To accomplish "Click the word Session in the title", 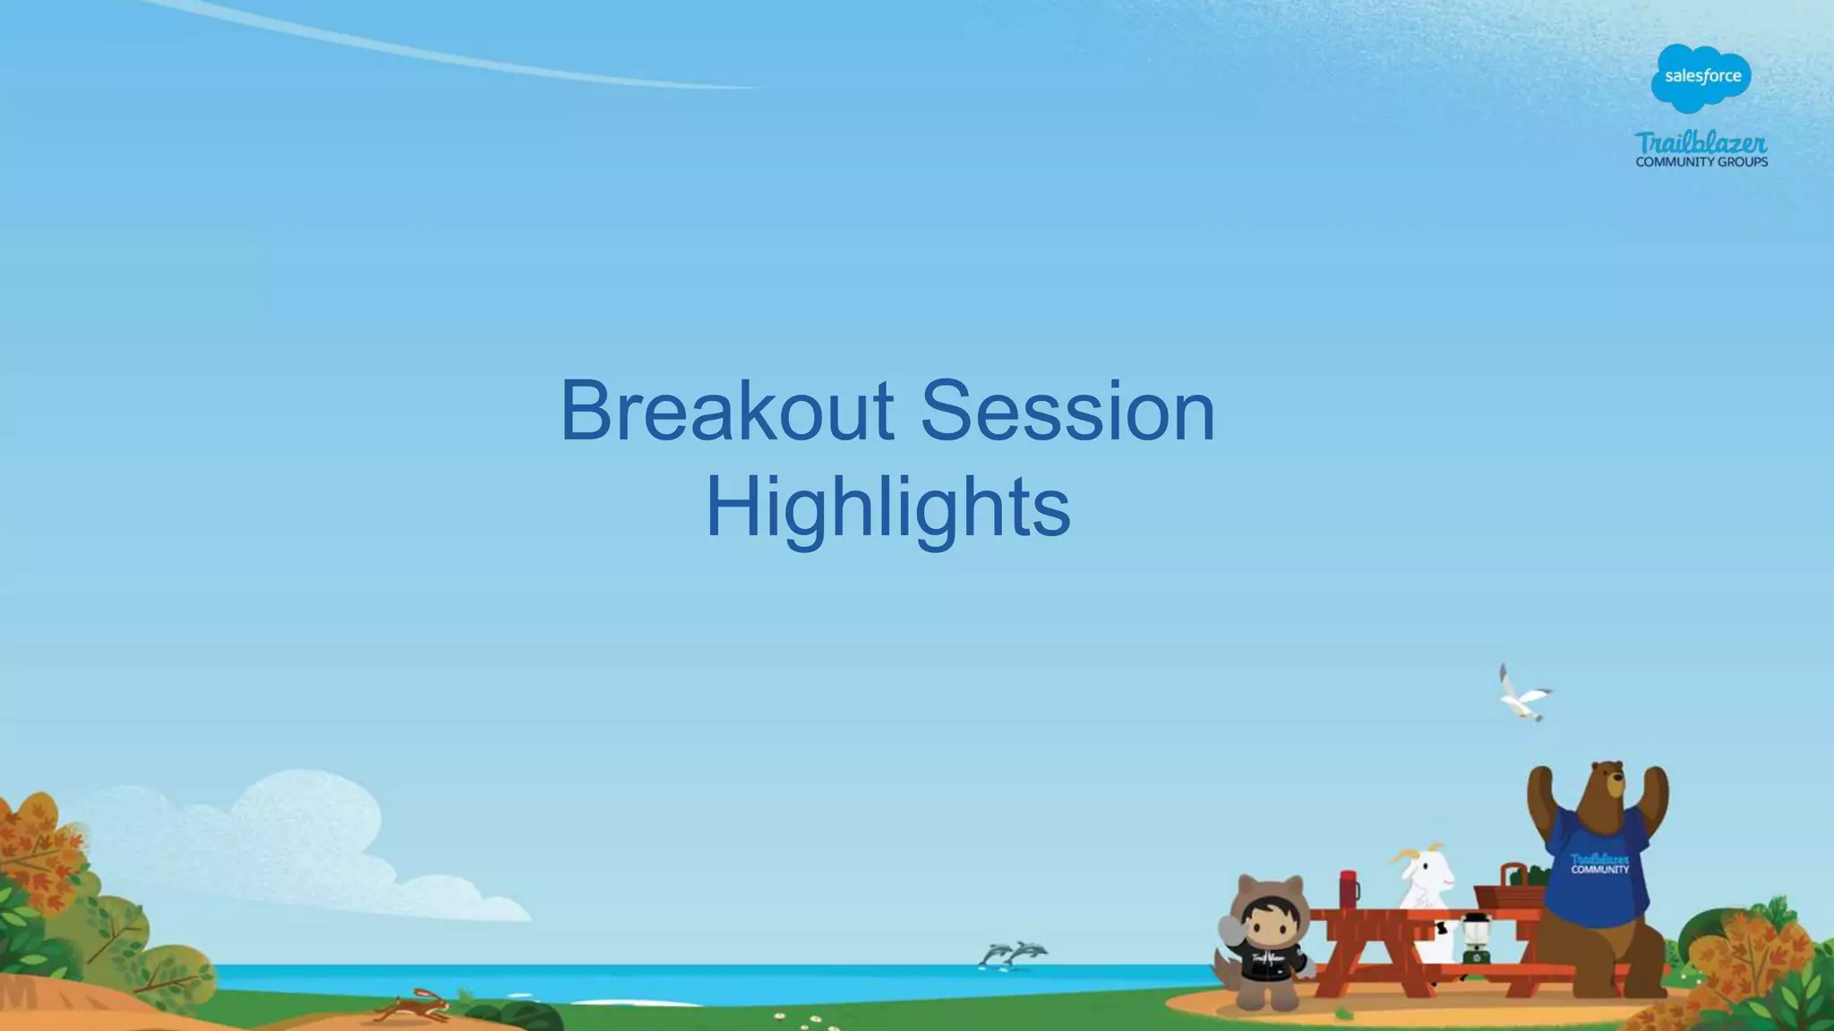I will point(1067,411).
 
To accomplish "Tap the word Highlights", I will point(887,507).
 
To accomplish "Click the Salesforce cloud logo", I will point(1701,77).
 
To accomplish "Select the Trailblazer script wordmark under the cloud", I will point(1701,142).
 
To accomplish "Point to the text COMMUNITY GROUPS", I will point(1701,162).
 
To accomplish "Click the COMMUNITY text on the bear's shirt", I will point(1600,869).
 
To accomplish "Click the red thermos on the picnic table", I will point(1349,890).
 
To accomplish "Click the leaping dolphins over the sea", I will point(1014,954).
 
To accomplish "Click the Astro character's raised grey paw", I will point(1230,931).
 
